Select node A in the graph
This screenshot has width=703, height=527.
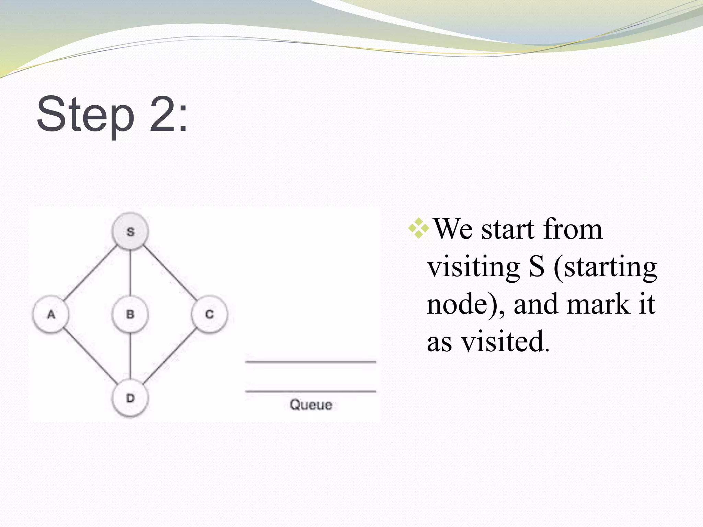(x=51, y=314)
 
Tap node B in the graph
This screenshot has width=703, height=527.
(x=130, y=314)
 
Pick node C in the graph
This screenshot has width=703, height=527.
(x=209, y=314)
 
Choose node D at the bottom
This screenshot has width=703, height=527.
(x=130, y=399)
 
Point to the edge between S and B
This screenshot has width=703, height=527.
(x=130, y=273)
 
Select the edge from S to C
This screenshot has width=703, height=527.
(x=170, y=272)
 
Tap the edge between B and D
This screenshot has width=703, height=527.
(x=130, y=357)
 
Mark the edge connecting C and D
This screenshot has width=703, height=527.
(x=170, y=357)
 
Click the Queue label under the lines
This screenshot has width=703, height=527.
(x=311, y=405)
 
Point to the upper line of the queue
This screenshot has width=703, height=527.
(x=311, y=362)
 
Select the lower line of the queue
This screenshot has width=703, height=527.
(x=311, y=391)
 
